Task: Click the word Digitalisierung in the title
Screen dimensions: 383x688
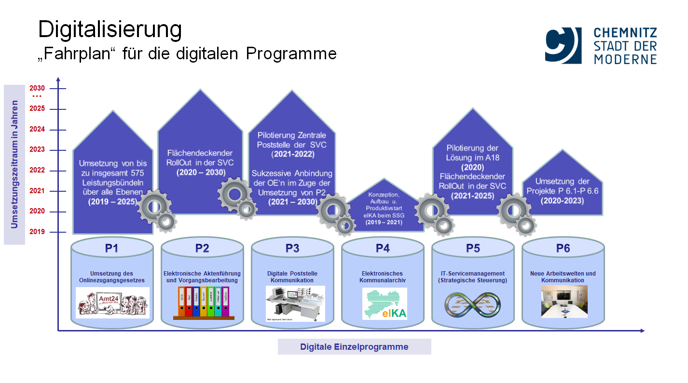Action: click(x=110, y=30)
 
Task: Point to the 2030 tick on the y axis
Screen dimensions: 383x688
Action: click(x=37, y=88)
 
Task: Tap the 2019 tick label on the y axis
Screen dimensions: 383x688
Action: click(x=37, y=232)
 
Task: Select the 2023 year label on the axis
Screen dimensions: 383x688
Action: click(x=37, y=150)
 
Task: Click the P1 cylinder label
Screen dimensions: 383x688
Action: click(x=112, y=249)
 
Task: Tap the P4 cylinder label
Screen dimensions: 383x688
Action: click(x=383, y=249)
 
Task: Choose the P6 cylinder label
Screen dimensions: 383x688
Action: click(x=563, y=249)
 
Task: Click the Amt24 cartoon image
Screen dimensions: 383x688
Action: click(x=112, y=303)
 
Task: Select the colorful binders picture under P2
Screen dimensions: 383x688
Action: click(x=203, y=303)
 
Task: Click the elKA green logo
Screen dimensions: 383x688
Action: click(x=385, y=304)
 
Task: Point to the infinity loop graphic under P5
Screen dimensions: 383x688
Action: click(x=472, y=304)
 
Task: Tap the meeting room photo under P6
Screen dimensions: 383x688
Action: click(x=564, y=301)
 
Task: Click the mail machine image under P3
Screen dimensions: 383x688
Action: click(x=295, y=303)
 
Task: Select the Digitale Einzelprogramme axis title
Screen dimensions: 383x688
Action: click(x=354, y=347)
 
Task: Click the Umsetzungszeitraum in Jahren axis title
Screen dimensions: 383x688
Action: click(x=14, y=164)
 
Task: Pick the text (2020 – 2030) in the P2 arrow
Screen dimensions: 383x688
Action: click(x=200, y=172)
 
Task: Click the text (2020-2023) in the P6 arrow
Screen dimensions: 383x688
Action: click(x=563, y=200)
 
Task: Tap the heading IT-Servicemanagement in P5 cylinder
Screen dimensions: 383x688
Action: click(x=473, y=274)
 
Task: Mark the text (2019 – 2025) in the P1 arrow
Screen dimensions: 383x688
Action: click(x=112, y=202)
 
